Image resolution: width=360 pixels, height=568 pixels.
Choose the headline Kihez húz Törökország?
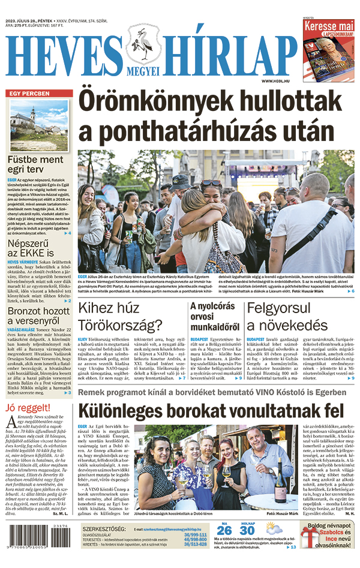tap(120, 318)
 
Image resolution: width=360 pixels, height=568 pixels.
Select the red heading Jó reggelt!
tap(27, 408)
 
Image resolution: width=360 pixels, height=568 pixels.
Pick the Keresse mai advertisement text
tap(329, 28)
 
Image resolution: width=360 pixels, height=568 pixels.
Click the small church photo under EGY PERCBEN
tap(39, 125)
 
